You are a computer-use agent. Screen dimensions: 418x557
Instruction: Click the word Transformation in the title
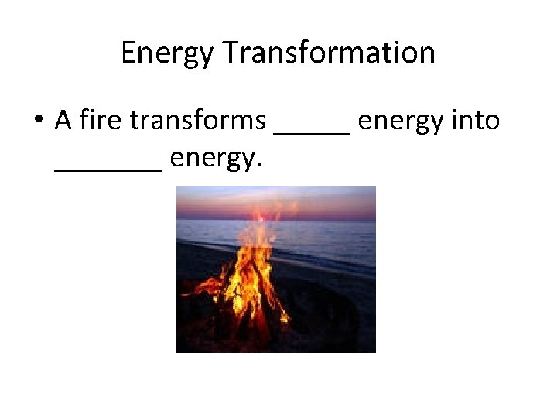pyautogui.click(x=329, y=53)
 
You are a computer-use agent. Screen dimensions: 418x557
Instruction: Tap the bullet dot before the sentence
pyautogui.click(x=38, y=122)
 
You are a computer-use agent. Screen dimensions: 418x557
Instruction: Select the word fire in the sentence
pyautogui.click(x=102, y=121)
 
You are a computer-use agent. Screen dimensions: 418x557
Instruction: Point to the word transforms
pyautogui.click(x=198, y=121)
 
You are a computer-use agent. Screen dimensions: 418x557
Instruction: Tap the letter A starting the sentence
pyautogui.click(x=63, y=121)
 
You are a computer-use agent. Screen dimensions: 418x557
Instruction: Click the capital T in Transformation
pyautogui.click(x=231, y=53)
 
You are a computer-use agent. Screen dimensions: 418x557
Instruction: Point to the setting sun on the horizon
pyautogui.click(x=260, y=218)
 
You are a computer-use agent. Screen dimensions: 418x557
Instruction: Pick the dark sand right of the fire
pyautogui.click(x=333, y=310)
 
